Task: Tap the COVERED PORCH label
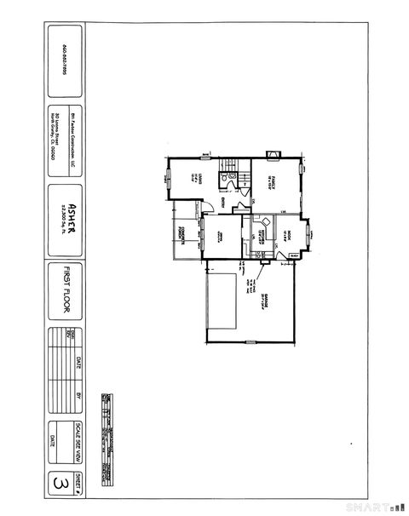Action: click(x=181, y=231)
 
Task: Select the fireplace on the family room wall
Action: click(x=272, y=155)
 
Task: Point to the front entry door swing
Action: click(x=205, y=206)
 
